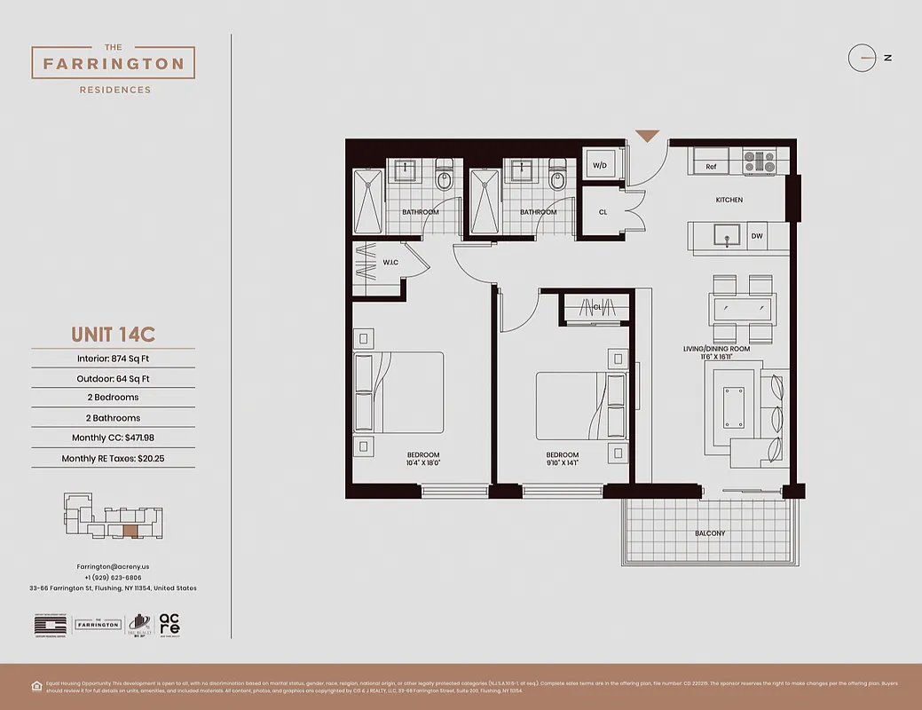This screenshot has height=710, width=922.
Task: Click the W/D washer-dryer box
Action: tap(600, 165)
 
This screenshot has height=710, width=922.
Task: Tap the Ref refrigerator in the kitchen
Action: tap(712, 166)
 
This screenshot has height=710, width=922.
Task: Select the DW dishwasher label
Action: tap(757, 236)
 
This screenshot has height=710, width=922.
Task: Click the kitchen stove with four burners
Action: tap(759, 162)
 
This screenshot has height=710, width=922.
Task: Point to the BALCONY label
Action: tap(710, 533)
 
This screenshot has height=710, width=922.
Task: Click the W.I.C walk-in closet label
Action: tap(390, 263)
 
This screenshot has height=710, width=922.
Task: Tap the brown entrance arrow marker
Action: tap(648, 136)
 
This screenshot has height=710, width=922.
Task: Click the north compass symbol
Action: tap(862, 58)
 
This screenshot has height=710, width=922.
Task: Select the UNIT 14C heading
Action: tap(113, 335)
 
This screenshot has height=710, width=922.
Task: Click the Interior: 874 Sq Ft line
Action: tap(113, 359)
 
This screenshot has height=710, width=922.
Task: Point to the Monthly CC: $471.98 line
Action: tap(113, 438)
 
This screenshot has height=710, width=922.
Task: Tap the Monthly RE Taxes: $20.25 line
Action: tap(113, 459)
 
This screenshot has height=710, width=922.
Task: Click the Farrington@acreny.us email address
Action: tap(113, 565)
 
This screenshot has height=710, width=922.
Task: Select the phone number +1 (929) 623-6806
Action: tap(113, 577)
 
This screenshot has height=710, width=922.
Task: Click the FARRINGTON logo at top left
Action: tap(113, 64)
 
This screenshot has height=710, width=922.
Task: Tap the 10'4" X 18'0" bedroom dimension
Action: tap(423, 462)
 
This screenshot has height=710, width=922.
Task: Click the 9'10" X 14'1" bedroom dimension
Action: tap(563, 462)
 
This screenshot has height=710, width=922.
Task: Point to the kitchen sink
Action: tap(728, 237)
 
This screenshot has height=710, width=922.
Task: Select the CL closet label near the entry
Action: tap(603, 212)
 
